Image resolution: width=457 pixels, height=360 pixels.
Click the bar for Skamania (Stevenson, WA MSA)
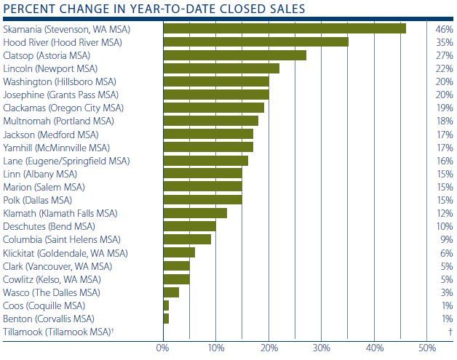[285, 28]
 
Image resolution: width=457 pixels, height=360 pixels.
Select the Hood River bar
[255, 41]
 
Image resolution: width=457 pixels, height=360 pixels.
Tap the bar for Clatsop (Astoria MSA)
[234, 55]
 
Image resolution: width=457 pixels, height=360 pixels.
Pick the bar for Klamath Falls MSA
[195, 213]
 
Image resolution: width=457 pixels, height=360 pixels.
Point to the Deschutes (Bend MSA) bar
[189, 226]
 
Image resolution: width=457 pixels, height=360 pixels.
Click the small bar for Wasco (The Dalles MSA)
[171, 292]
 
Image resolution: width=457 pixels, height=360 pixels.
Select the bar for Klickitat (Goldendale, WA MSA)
[179, 252]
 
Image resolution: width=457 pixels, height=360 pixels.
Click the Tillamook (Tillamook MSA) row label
[59, 332]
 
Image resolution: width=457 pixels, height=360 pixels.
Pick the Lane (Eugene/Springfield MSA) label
[65, 160]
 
